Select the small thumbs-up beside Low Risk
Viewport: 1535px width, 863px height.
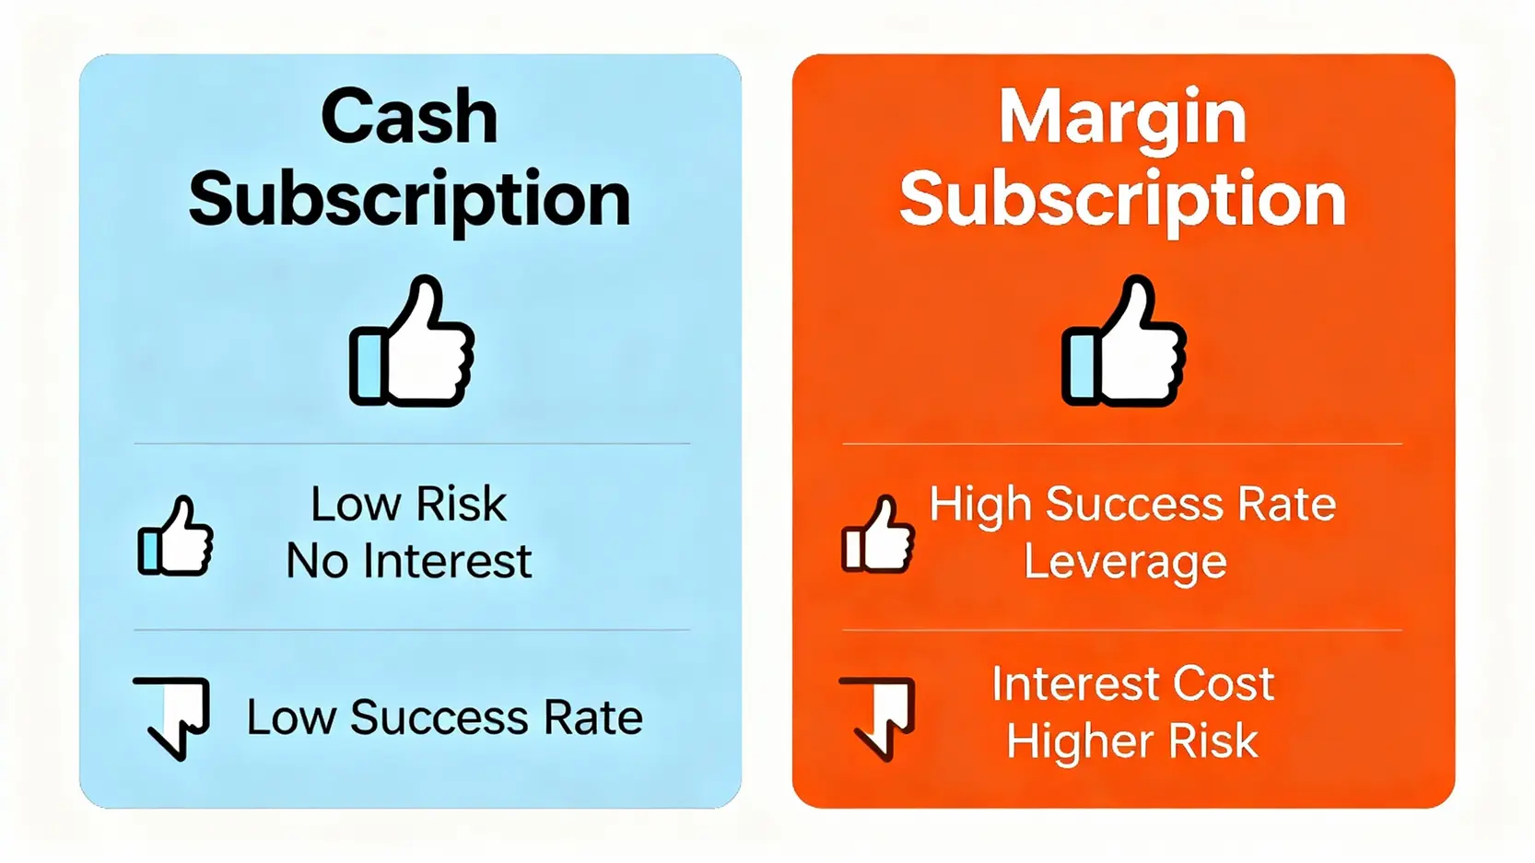click(175, 536)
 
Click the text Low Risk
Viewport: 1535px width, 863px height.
click(408, 504)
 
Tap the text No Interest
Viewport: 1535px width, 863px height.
click(408, 562)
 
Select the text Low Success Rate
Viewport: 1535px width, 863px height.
click(444, 717)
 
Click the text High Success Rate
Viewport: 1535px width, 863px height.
click(1132, 504)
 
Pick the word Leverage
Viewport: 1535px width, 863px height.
click(1125, 563)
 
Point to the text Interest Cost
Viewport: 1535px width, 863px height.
click(1132, 683)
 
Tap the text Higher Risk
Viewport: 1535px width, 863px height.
click(1132, 741)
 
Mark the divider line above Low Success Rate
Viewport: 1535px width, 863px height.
click(412, 629)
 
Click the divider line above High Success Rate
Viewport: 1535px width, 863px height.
click(1122, 444)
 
